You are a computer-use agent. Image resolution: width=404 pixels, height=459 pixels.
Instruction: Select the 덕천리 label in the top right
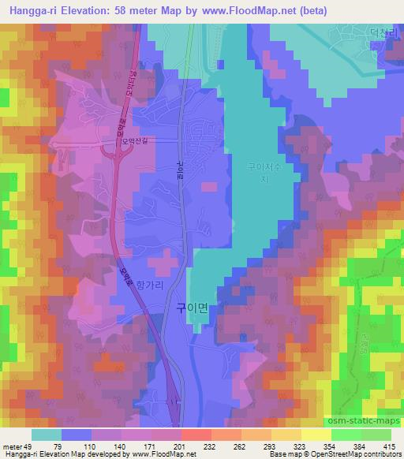tap(380, 34)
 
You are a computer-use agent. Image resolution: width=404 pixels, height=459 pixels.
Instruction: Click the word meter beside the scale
tap(13, 446)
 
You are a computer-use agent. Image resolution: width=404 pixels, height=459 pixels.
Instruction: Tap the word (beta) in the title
tap(312, 10)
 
